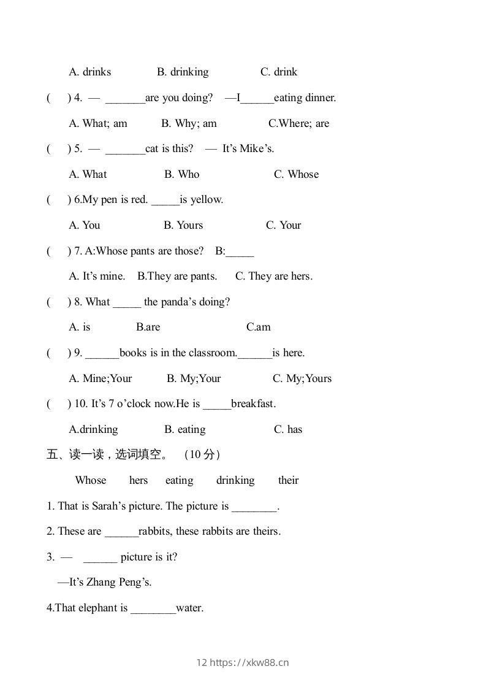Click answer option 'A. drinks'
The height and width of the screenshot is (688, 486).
90,72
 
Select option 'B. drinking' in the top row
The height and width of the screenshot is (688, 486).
183,72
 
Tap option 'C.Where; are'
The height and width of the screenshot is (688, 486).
298,123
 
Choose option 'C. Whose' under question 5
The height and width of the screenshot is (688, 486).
296,174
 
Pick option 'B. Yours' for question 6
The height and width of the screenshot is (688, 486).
183,225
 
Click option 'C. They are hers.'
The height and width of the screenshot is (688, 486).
274,276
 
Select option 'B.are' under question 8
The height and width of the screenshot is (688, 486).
148,327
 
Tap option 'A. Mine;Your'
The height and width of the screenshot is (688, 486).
101,378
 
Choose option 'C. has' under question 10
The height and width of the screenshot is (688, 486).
288,429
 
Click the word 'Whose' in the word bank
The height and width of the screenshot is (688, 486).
91,480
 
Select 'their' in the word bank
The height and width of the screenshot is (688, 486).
288,480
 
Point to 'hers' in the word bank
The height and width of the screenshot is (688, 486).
139,480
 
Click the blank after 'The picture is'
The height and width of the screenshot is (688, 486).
255,507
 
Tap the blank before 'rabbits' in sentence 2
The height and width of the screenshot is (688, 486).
121,532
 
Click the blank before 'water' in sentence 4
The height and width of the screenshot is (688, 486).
153,609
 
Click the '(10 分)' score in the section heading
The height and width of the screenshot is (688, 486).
202,454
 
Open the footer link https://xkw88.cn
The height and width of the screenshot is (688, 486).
249,662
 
